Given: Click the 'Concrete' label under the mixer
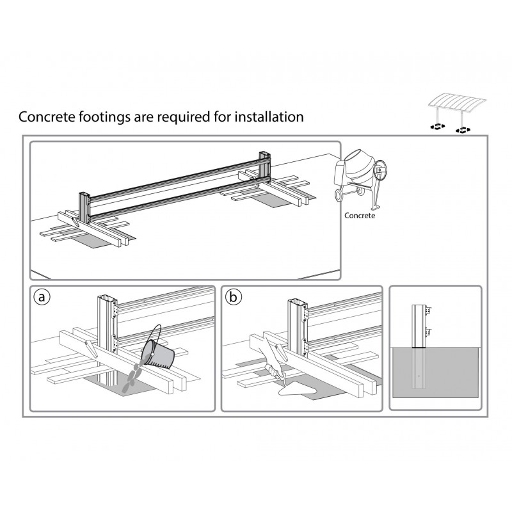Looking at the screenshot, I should tap(360, 216).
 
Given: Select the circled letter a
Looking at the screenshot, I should tap(42, 298).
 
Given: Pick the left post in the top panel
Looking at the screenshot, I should tap(84, 205).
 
